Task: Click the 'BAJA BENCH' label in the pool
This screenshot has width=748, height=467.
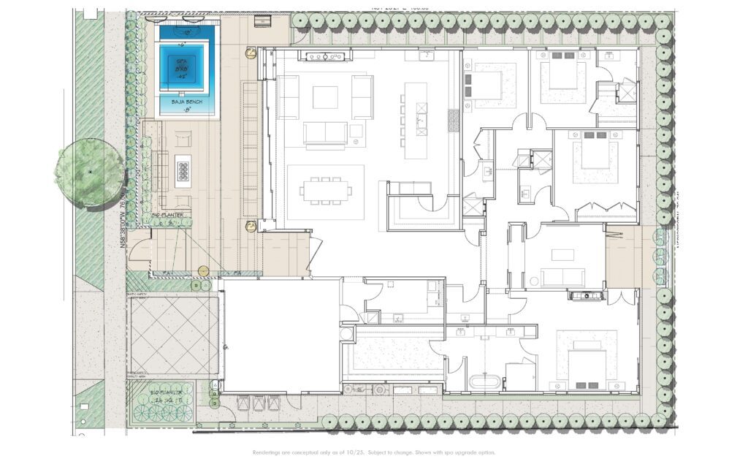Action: pos(187,102)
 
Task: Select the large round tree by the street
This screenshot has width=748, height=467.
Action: pos(89,172)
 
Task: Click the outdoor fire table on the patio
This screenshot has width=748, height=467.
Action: pos(183,171)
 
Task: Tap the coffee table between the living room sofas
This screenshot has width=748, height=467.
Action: pos(325,96)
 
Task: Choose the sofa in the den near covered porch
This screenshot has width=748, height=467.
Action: pos(562,277)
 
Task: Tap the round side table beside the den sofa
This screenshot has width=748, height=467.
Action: pos(534,281)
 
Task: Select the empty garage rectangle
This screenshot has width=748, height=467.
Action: pos(280,335)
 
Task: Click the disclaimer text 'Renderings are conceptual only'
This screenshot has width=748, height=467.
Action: pos(373,452)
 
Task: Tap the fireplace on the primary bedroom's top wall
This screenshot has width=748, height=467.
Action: pos(587,295)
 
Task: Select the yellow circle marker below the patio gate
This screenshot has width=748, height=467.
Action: pos(203,271)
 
